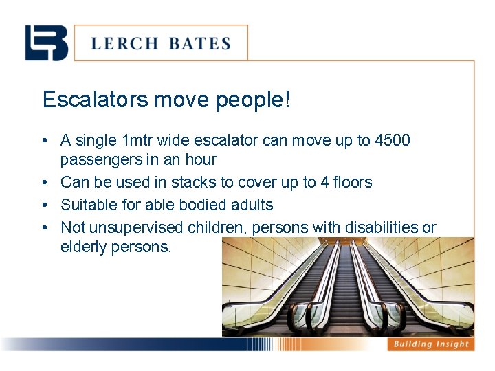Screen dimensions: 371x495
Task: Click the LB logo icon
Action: click(x=47, y=43)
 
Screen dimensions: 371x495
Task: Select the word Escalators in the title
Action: click(x=95, y=100)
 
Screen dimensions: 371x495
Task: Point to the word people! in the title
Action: click(x=254, y=100)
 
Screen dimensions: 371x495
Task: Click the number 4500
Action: click(x=393, y=141)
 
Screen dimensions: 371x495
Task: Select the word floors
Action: click(x=351, y=183)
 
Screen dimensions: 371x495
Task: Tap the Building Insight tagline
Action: click(x=430, y=344)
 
